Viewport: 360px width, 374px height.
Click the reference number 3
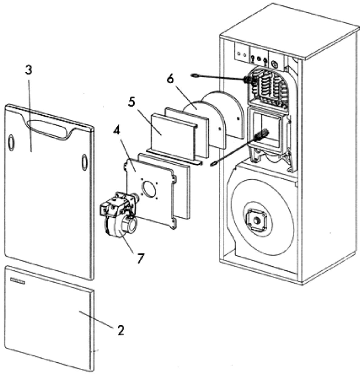pos(29,70)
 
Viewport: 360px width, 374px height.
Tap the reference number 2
pos(121,330)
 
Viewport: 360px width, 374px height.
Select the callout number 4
pos(116,131)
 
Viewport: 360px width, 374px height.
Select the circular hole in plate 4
pos(150,189)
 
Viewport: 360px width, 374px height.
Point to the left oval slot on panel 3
pos(11,143)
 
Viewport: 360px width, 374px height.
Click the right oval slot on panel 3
pos(84,162)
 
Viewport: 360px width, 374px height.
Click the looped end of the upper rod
pos(196,76)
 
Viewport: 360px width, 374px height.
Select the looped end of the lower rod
pos(214,164)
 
